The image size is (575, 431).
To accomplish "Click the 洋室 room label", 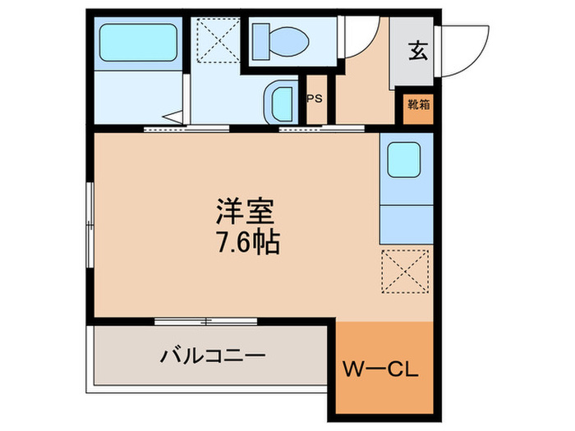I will pos(244,211).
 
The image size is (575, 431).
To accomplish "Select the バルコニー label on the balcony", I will pos(213,357).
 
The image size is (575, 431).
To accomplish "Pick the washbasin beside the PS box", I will pos(282,103).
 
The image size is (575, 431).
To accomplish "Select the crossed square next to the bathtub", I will pos(216,39).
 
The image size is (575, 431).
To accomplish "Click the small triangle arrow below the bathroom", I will pos(175,117).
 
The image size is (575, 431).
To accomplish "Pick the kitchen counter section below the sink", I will pos(406,221).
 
